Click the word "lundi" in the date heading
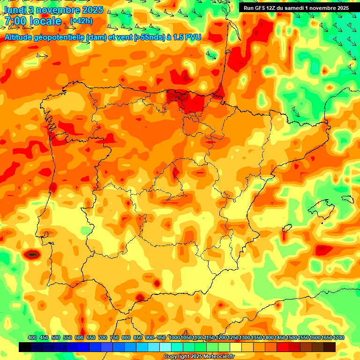pyautogui.click(x=15, y=9)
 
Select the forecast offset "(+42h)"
pyautogui.click(x=81, y=21)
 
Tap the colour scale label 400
pyautogui.click(x=32, y=337)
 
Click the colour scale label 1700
pyautogui.click(x=330, y=337)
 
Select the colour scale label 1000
pyautogui.click(x=174, y=337)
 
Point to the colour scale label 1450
pyautogui.click(x=280, y=337)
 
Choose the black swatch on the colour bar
pyautogui.click(x=25, y=347)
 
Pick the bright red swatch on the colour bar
pyautogui.click(x=283, y=347)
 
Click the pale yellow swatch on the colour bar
pyautogui.click(x=236, y=347)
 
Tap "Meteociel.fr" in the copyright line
pyautogui.click(x=218, y=357)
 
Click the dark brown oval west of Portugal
pyautogui.click(x=32, y=255)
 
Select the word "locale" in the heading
pyautogui.click(x=45, y=21)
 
